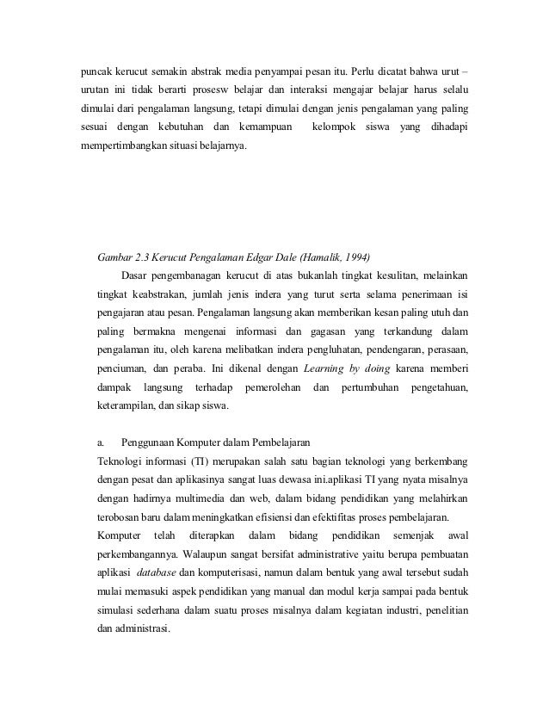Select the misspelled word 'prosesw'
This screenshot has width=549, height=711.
click(x=250, y=88)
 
